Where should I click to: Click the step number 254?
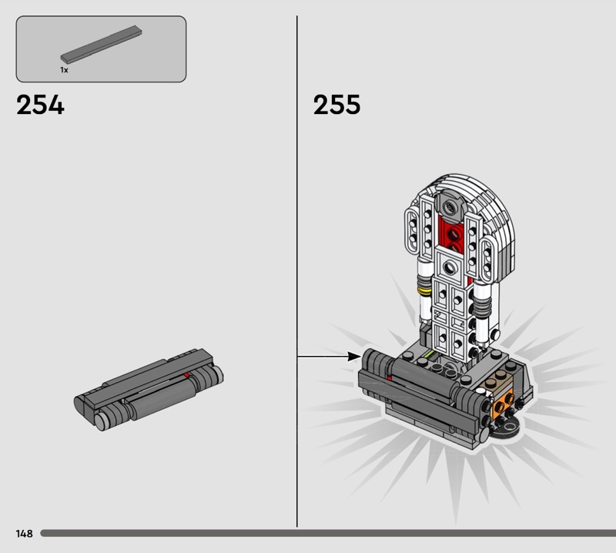coord(40,105)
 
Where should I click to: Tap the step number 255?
coord(336,105)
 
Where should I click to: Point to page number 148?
coord(25,533)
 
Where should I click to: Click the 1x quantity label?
coord(64,70)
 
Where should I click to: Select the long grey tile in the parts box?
coord(101,45)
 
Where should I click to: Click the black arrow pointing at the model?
coord(330,357)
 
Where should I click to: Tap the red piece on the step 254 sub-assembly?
coord(187,375)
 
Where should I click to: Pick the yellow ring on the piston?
coord(424,291)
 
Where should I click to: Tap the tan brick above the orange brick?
coord(497,381)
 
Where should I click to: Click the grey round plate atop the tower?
coord(450,205)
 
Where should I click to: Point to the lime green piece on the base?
coord(427,357)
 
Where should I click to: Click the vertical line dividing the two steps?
coord(297,271)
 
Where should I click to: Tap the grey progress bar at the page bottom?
coord(328,533)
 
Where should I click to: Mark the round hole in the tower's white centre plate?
coord(450,268)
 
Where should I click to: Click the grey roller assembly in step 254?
coord(149,389)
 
